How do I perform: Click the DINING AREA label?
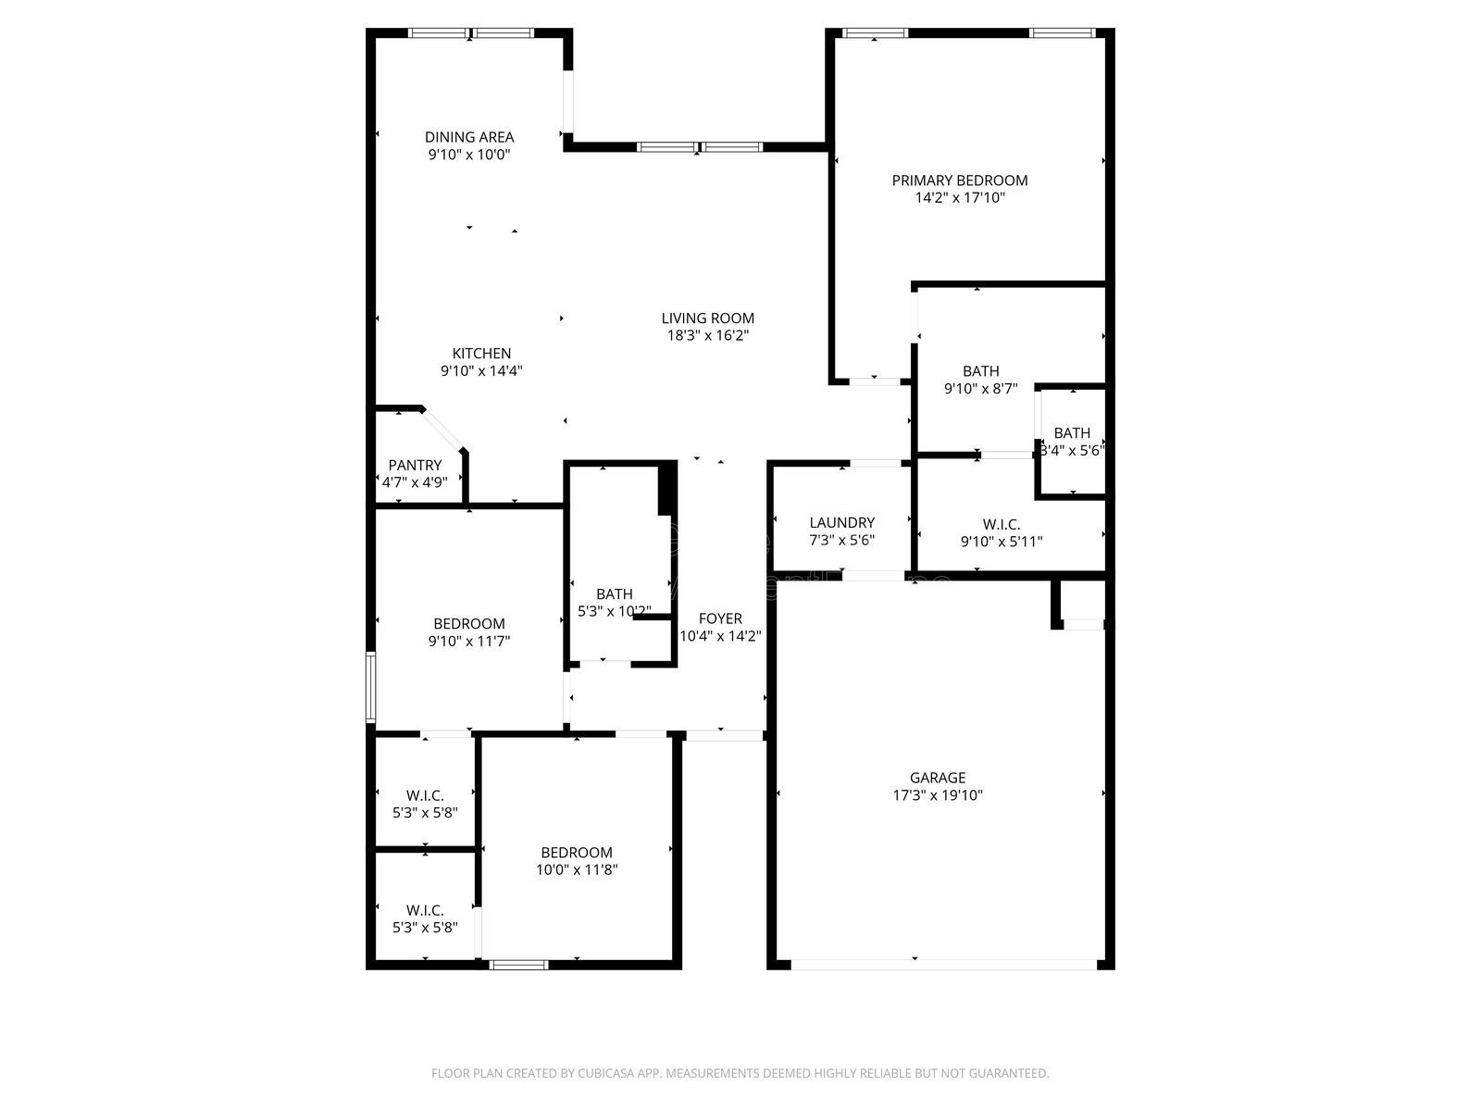(x=469, y=137)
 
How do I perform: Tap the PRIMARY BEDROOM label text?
(x=960, y=181)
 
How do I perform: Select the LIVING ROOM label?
(x=707, y=318)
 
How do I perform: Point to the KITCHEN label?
(x=481, y=354)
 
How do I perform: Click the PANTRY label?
(x=415, y=465)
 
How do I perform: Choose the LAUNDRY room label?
(x=841, y=523)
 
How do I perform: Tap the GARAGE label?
(x=938, y=778)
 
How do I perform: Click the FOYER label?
(x=720, y=618)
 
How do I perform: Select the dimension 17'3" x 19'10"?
(x=938, y=795)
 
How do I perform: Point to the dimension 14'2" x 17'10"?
(x=960, y=198)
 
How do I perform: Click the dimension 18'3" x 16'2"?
(x=707, y=336)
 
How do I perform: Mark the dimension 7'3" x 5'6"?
(x=841, y=541)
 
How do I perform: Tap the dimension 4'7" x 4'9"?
(x=415, y=482)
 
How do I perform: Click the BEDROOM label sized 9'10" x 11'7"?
(x=469, y=623)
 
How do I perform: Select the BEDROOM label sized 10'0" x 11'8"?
(x=577, y=853)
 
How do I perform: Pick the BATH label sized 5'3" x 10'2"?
(x=615, y=593)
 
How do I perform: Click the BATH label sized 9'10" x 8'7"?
(x=981, y=371)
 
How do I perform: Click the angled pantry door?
(x=443, y=429)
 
